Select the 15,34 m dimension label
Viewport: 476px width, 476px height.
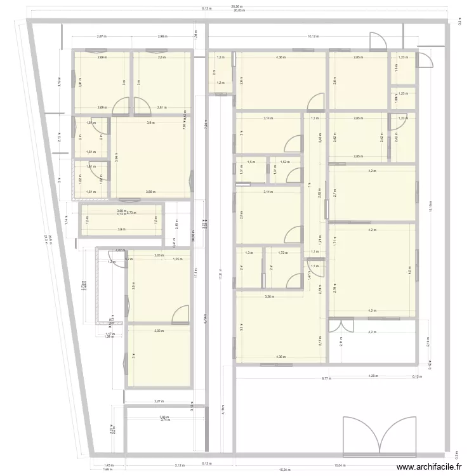click(x=282, y=470)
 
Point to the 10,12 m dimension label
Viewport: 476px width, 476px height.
click(x=312, y=37)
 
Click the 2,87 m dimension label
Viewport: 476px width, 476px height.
click(x=100, y=37)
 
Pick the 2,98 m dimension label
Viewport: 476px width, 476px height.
click(x=162, y=37)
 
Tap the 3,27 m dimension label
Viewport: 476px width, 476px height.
click(x=158, y=401)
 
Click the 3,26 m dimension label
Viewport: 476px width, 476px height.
click(x=269, y=296)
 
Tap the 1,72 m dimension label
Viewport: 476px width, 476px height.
click(x=282, y=253)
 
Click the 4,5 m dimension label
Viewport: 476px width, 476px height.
click(x=409, y=270)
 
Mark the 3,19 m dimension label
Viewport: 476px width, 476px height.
click(x=59, y=82)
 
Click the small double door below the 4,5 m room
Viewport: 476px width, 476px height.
click(x=341, y=325)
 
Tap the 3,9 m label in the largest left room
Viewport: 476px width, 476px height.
click(x=150, y=122)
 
